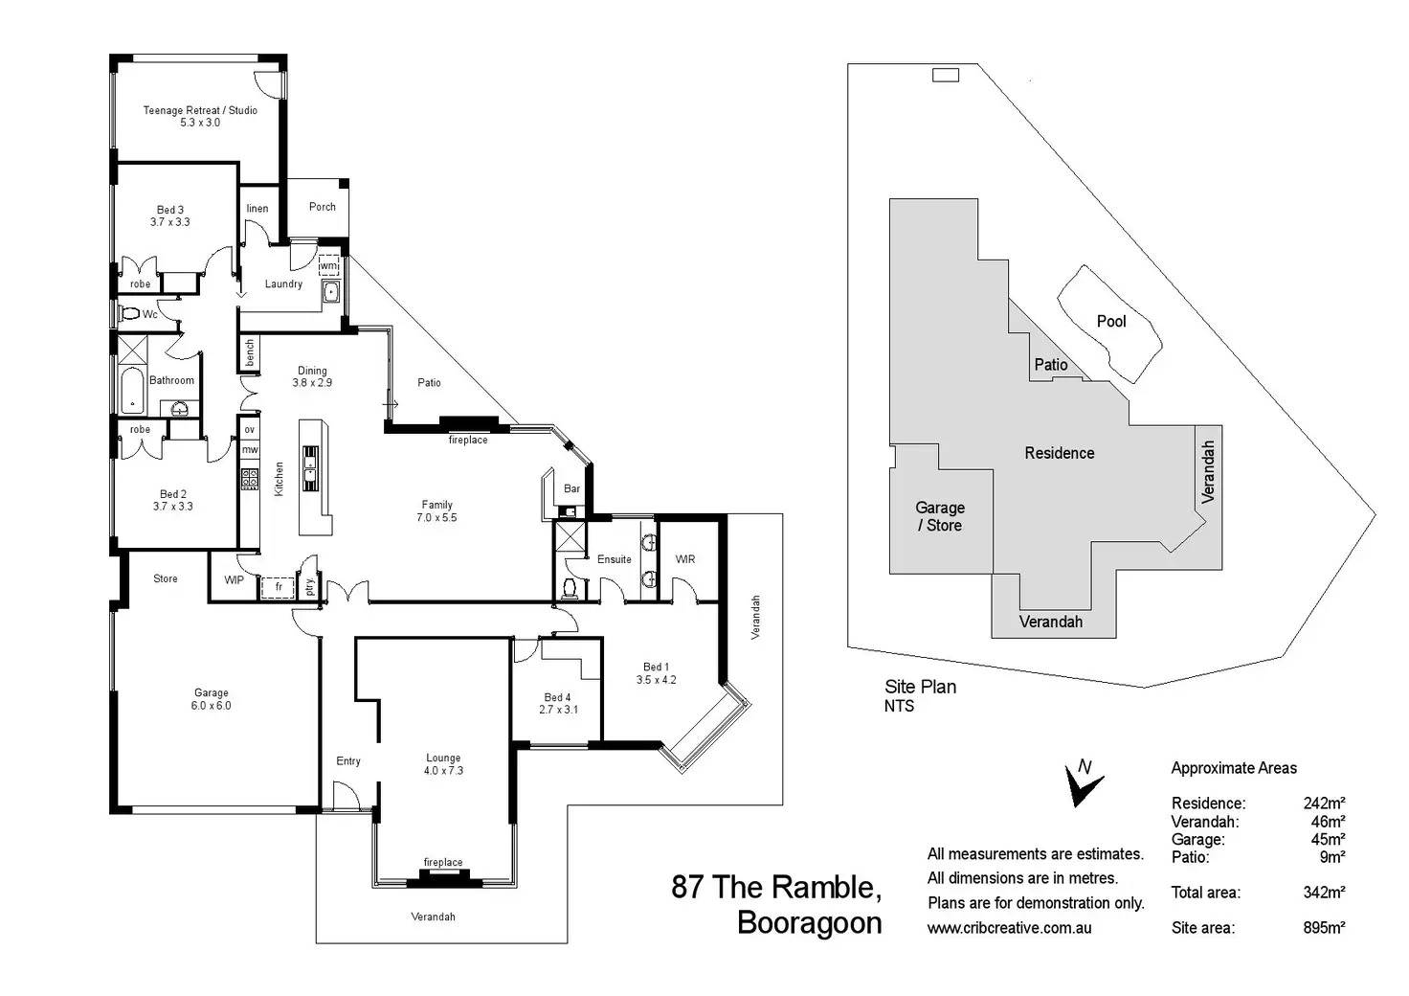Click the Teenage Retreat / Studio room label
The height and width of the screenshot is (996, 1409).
200,116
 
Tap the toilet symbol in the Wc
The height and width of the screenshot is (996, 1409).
129,313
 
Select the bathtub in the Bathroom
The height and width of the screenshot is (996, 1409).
132,392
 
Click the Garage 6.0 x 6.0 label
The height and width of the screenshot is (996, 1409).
211,699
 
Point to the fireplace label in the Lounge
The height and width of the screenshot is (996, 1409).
442,863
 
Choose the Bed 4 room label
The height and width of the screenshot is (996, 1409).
558,703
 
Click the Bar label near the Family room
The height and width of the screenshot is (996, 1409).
571,488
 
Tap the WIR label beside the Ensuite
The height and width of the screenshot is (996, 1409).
685,559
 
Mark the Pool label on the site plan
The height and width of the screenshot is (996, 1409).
1111,322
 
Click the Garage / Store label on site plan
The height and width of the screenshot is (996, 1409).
940,516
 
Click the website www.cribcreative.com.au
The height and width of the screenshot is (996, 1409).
1009,928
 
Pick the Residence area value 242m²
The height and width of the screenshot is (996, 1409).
1324,804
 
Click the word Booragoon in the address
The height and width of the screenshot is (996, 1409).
810,923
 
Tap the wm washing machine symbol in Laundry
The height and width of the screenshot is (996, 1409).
328,265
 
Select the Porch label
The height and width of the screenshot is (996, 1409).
323,207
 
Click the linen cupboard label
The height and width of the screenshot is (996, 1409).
257,209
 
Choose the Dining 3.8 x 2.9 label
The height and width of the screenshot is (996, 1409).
312,376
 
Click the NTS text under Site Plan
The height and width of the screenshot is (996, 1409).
899,707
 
